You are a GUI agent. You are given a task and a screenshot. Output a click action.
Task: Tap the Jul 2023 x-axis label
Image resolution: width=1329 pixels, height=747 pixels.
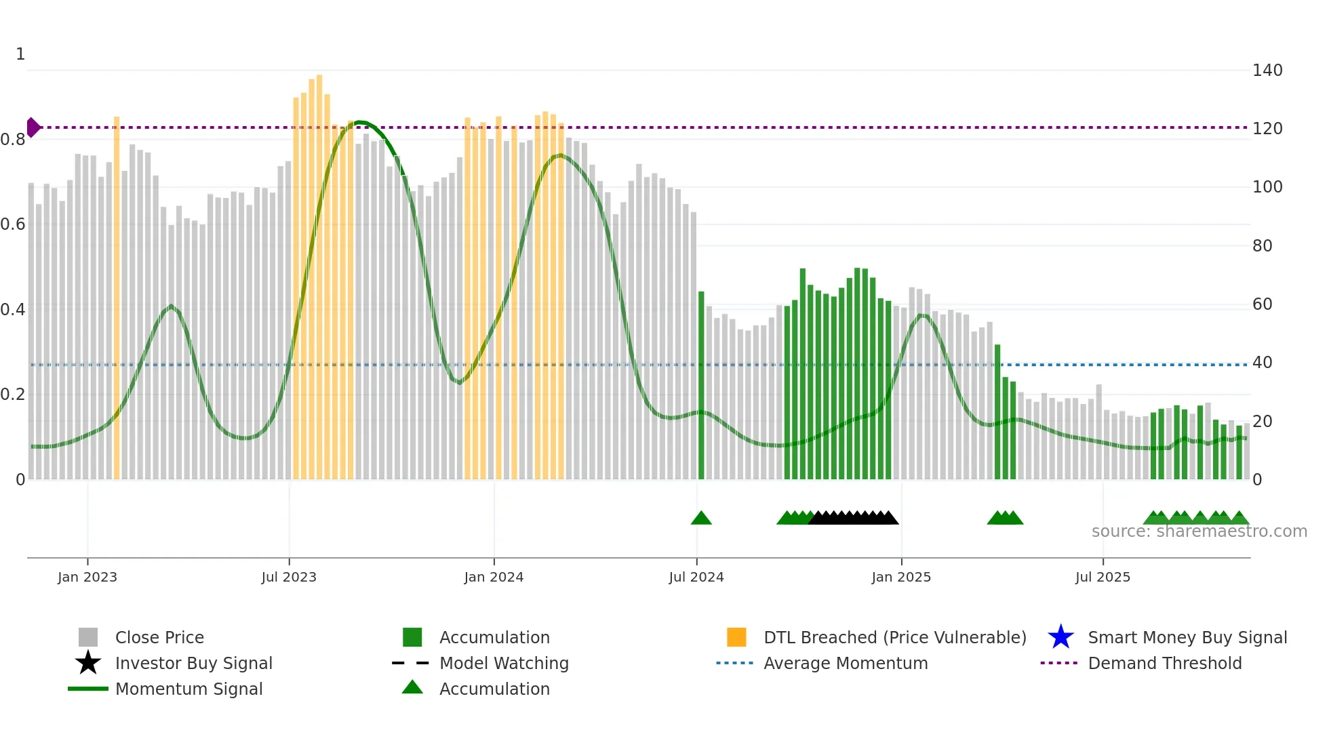pyautogui.click(x=289, y=577)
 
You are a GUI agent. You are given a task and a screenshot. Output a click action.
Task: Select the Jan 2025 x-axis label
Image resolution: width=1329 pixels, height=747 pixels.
pyautogui.click(x=901, y=577)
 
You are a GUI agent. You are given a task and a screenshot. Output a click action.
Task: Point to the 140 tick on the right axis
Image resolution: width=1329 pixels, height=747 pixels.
pyautogui.click(x=1267, y=70)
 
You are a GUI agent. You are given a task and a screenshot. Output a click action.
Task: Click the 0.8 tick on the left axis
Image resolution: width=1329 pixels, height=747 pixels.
pyautogui.click(x=13, y=140)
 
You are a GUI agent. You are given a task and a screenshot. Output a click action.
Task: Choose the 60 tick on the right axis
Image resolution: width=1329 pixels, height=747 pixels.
pyautogui.click(x=1262, y=304)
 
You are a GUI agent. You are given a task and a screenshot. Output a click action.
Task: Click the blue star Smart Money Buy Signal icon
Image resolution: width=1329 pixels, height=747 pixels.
pyautogui.click(x=1060, y=637)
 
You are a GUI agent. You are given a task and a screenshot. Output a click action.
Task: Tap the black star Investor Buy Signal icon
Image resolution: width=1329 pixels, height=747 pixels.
pyautogui.click(x=88, y=663)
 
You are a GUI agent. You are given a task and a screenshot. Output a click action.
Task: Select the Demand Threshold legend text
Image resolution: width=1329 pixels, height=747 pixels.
pyautogui.click(x=1164, y=663)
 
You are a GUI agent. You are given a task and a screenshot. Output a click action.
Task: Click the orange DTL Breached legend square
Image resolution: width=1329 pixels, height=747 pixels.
pyautogui.click(x=736, y=637)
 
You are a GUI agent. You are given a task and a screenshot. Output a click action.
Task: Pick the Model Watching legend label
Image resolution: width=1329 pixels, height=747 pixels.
pyautogui.click(x=504, y=663)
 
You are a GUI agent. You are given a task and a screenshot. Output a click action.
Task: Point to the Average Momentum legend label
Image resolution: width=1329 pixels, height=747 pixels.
pyautogui.click(x=846, y=663)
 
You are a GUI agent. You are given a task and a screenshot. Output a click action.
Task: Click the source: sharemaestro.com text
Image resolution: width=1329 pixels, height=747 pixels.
pyautogui.click(x=1199, y=531)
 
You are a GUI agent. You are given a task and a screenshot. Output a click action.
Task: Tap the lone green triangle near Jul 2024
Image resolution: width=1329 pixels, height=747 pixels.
pyautogui.click(x=701, y=519)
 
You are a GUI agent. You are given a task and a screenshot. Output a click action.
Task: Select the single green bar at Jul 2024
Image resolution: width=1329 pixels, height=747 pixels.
pyautogui.click(x=701, y=386)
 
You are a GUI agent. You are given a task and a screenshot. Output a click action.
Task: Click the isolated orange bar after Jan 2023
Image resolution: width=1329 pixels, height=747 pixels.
pyautogui.click(x=117, y=298)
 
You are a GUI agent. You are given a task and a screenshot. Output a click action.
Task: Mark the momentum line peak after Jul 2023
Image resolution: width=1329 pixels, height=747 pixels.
pyautogui.click(x=360, y=122)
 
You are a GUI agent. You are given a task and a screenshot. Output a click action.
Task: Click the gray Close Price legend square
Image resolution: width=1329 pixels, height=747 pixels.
pyautogui.click(x=88, y=637)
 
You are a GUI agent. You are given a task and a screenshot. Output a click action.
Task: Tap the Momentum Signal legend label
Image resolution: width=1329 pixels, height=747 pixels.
pyautogui.click(x=189, y=689)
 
